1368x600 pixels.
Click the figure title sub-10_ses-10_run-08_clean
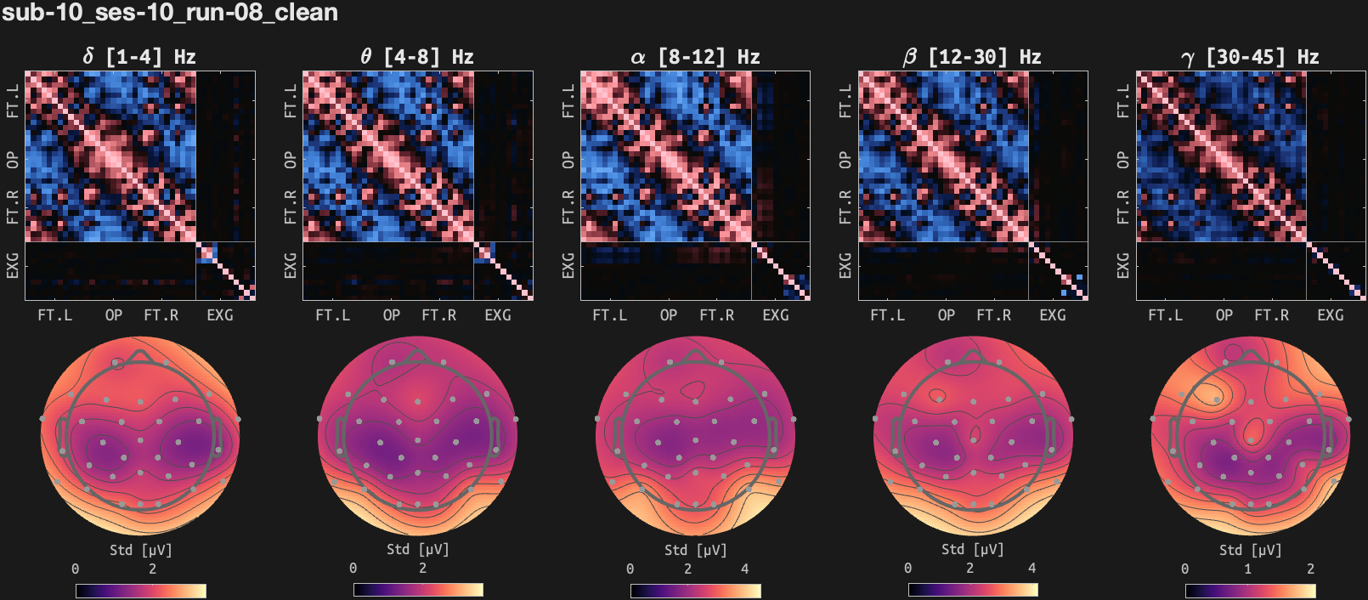[170, 13]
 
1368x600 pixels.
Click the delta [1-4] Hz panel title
[139, 57]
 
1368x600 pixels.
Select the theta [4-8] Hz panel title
[417, 57]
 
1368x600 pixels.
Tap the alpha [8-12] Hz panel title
[695, 57]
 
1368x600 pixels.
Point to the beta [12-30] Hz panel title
[972, 57]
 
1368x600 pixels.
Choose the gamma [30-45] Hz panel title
[1250, 57]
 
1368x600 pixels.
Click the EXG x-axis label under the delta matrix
[220, 315]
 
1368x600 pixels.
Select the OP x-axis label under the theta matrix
[392, 315]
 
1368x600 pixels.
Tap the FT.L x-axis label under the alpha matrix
[610, 315]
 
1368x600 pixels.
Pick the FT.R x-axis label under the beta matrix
[994, 315]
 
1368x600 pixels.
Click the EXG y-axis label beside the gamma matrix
[1123, 265]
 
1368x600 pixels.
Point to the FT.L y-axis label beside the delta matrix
[13, 100]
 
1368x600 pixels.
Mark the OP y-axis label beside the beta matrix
[845, 160]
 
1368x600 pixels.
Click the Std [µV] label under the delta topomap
[140, 550]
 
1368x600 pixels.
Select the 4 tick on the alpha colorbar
[745, 569]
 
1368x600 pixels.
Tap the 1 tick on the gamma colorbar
[1248, 569]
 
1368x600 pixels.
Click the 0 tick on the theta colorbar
[353, 569]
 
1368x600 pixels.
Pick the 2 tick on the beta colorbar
[969, 569]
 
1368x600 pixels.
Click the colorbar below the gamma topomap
[1250, 590]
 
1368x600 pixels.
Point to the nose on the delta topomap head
[140, 349]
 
